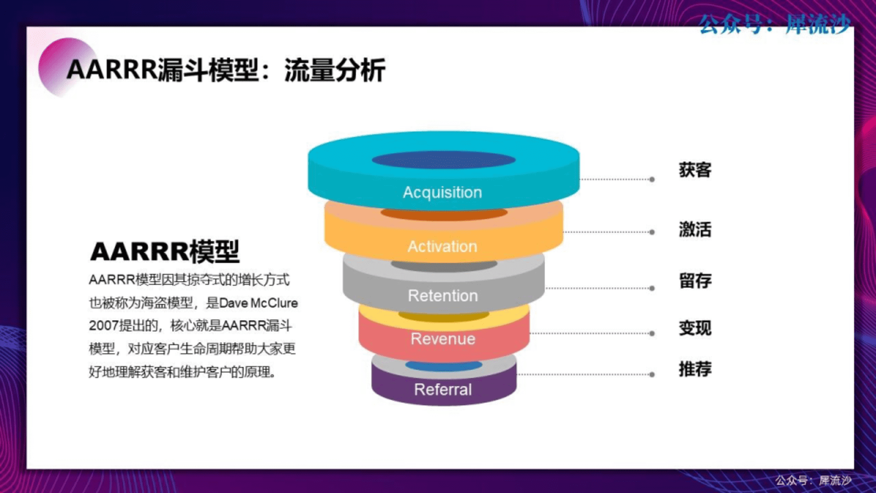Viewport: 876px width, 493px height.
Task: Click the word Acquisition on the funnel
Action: pyautogui.click(x=442, y=192)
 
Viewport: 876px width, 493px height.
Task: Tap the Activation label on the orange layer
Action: pyautogui.click(x=442, y=246)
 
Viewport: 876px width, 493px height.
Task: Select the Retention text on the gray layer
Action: pyautogui.click(x=443, y=296)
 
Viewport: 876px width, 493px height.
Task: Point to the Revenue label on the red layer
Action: pyautogui.click(x=443, y=339)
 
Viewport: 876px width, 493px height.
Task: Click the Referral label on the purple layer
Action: pyautogui.click(x=443, y=389)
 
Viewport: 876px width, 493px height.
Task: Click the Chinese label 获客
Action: pyautogui.click(x=695, y=170)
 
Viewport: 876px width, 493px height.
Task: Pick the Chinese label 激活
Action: pyautogui.click(x=695, y=229)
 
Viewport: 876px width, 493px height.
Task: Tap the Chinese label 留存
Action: pyautogui.click(x=695, y=280)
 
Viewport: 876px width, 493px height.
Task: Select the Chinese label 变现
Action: pyautogui.click(x=695, y=328)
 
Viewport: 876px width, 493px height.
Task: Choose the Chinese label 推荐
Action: pyautogui.click(x=695, y=369)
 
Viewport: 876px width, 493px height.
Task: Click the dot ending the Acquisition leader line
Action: pyautogui.click(x=652, y=179)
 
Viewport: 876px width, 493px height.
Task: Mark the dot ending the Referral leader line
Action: pyautogui.click(x=652, y=374)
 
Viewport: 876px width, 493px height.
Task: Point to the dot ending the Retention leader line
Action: pyautogui.click(x=652, y=288)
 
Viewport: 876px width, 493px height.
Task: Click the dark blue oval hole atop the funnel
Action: pyautogui.click(x=443, y=160)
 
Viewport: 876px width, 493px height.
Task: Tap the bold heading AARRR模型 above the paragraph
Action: pyautogui.click(x=165, y=252)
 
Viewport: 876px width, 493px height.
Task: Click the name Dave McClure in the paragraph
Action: pyautogui.click(x=258, y=303)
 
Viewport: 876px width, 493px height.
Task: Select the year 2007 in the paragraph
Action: pyautogui.click(x=104, y=326)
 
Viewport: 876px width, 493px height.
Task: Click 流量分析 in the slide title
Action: pyautogui.click(x=335, y=70)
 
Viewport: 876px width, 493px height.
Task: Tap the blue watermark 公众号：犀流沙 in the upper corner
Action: pyautogui.click(x=775, y=24)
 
